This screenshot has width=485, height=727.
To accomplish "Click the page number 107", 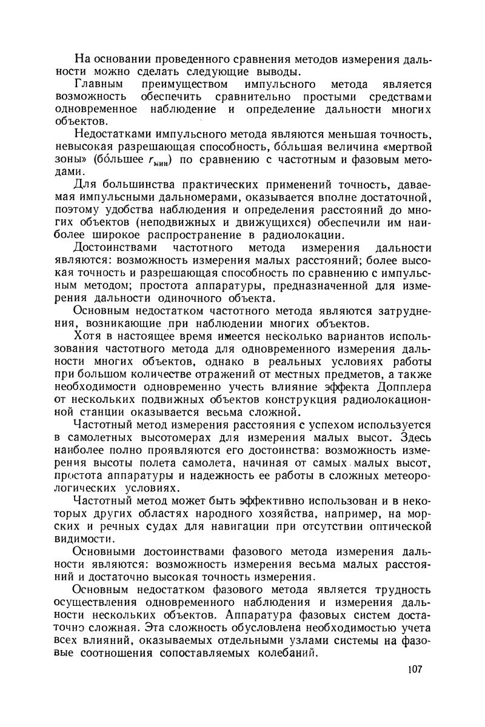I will coord(415,669).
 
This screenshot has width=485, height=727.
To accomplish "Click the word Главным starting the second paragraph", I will coord(98,85).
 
